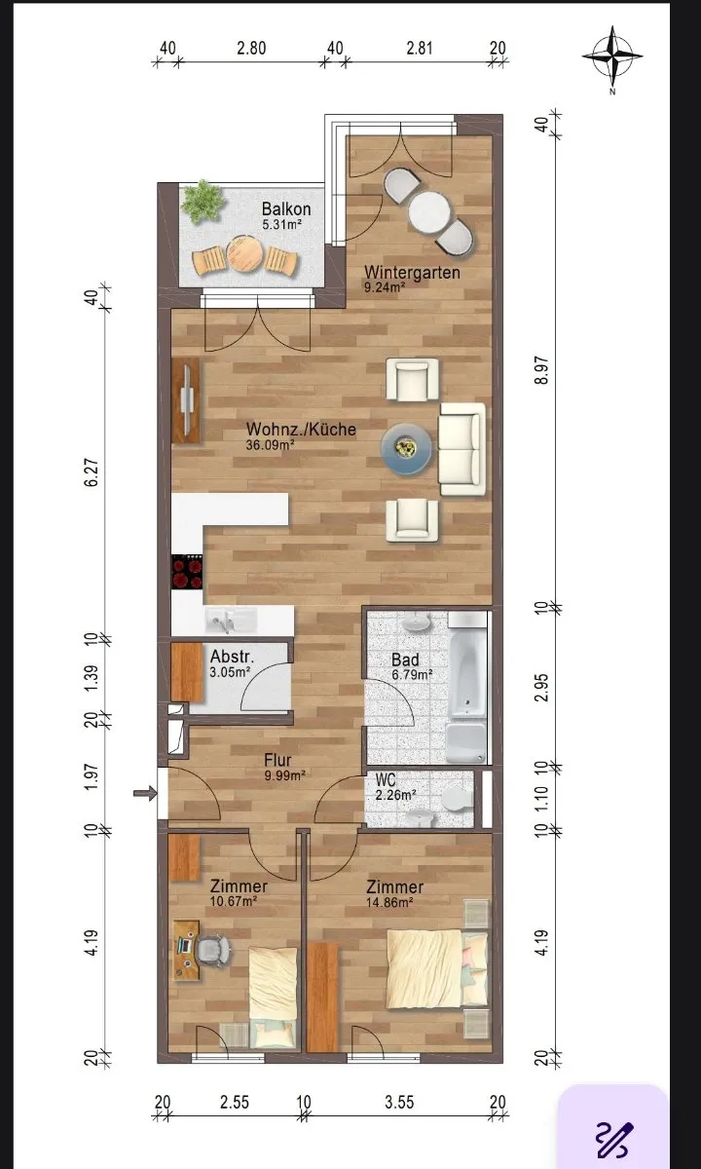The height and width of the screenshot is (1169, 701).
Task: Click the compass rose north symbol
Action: click(x=612, y=57)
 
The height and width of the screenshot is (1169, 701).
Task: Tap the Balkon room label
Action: click(x=286, y=209)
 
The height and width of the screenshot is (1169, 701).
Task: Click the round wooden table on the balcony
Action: click(x=243, y=254)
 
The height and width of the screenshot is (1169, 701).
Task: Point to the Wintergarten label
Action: click(x=412, y=273)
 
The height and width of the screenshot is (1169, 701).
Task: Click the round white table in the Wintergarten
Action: click(x=429, y=212)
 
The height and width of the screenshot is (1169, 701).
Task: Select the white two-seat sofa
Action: click(x=462, y=449)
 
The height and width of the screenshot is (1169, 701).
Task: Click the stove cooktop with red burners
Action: click(x=187, y=572)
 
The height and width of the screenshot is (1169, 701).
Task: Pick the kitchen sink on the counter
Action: click(x=230, y=620)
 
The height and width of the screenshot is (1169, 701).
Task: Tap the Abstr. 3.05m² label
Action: click(x=232, y=663)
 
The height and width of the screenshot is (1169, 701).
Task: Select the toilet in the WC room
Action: click(x=457, y=799)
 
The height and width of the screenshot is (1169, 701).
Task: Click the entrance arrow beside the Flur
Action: click(x=145, y=793)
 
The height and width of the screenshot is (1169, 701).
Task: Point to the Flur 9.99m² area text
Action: click(x=284, y=768)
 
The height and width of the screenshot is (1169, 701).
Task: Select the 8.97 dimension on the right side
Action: click(x=542, y=370)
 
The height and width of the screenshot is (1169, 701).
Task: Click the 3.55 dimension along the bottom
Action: click(x=399, y=1102)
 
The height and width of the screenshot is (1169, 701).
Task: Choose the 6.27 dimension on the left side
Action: click(x=91, y=472)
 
